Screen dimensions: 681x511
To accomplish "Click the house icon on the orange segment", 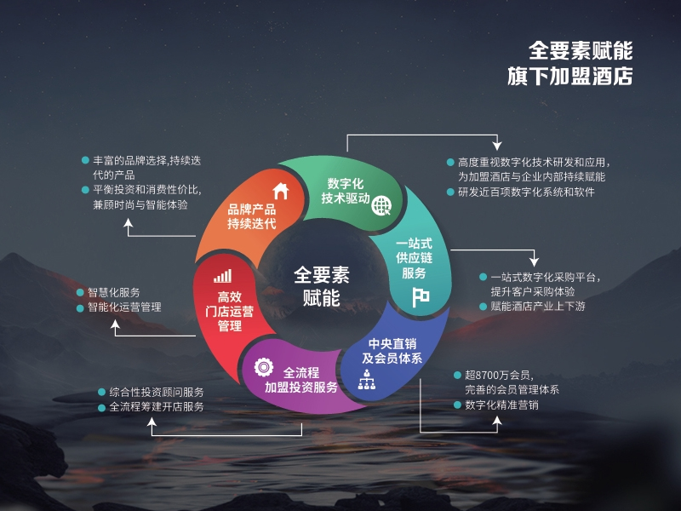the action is point(281,191).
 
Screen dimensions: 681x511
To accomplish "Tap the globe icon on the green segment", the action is point(381,205).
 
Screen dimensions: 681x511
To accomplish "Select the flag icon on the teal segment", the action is point(421,297).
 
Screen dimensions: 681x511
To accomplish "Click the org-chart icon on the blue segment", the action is point(367,379).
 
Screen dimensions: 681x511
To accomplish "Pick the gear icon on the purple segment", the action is point(264,368).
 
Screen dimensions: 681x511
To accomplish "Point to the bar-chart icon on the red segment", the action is point(223,276).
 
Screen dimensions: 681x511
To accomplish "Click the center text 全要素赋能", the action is point(322,286).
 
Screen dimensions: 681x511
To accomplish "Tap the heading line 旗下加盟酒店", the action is point(569,76).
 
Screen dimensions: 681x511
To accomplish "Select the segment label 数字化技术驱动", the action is point(346,191).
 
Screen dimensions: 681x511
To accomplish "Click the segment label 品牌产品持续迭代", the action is point(252,216).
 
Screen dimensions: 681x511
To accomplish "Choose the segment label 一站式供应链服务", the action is point(414,258).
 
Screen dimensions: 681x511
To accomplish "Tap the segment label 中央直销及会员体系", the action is point(392,351).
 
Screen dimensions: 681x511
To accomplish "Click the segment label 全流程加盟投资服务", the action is point(301,380).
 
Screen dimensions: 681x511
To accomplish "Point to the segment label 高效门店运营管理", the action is point(229,312).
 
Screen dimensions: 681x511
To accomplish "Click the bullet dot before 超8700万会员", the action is point(457,375).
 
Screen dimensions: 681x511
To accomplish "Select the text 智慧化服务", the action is point(114,292).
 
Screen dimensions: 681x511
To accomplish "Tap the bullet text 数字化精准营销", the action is point(501,405).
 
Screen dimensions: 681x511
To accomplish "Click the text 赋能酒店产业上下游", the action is point(538,307).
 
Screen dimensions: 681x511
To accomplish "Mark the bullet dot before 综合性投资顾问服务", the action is point(101,393).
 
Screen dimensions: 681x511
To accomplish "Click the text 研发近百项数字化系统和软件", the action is point(526,192).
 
